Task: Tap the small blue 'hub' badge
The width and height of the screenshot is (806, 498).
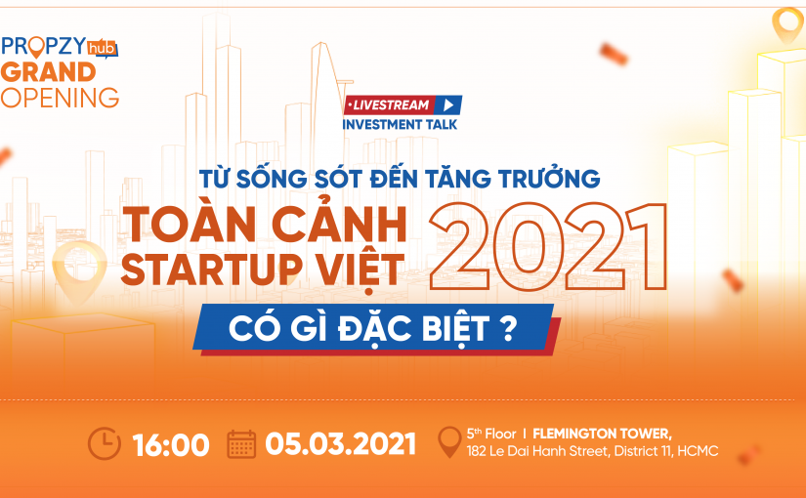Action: [x=101, y=47]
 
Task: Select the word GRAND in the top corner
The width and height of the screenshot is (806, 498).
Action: [x=49, y=72]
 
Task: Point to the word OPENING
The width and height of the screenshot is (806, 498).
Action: [x=60, y=98]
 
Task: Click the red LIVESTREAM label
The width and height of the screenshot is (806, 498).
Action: [x=389, y=104]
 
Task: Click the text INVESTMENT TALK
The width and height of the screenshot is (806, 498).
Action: [x=400, y=124]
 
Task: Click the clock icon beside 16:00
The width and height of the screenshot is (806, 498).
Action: [x=105, y=444]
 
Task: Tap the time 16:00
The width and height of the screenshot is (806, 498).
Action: [x=171, y=445]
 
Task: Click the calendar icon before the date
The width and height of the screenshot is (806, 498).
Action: [x=241, y=444]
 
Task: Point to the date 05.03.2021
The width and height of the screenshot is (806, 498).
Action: [x=341, y=445]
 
